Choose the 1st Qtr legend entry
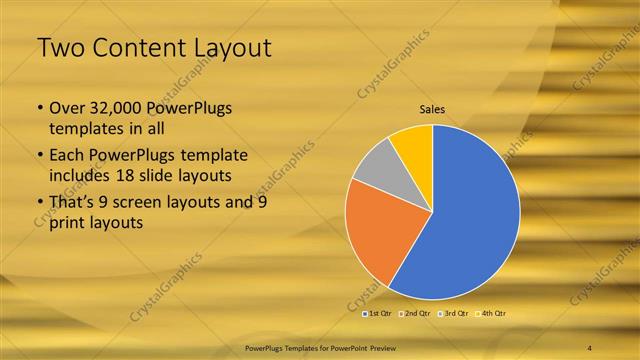click(x=378, y=314)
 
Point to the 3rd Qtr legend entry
click(x=457, y=314)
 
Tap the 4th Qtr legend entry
click(x=494, y=314)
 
